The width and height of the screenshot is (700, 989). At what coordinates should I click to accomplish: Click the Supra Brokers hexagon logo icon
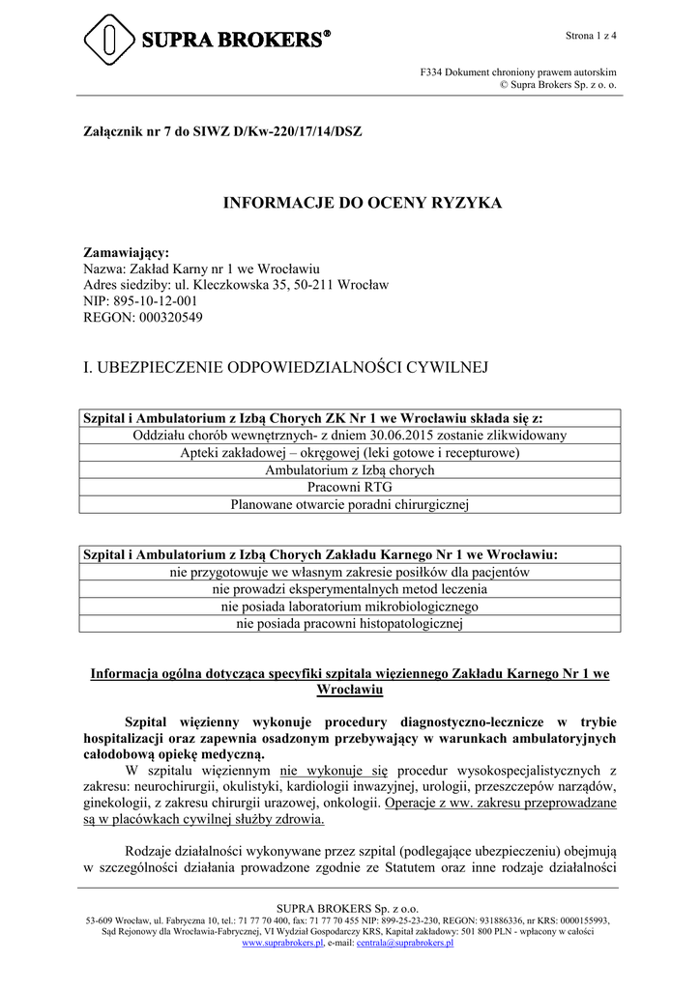109,39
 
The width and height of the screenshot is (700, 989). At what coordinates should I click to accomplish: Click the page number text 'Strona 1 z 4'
591,36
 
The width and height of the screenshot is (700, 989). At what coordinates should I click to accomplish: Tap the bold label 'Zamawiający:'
127,252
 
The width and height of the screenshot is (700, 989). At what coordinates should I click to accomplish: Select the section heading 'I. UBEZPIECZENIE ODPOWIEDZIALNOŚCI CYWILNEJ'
287,367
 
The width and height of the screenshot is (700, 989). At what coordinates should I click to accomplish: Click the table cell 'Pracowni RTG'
349,487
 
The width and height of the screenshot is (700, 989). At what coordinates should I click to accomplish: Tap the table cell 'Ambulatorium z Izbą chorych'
349,470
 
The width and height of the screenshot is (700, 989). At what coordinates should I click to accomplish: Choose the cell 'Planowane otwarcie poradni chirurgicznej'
349,503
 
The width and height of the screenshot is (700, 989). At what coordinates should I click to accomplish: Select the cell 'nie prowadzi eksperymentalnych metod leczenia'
349,589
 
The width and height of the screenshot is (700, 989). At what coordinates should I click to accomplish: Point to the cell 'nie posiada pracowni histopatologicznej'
349,624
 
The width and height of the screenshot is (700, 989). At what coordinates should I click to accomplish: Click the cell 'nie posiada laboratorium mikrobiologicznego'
349,607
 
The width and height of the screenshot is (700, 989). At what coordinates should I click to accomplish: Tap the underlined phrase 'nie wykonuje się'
334,770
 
